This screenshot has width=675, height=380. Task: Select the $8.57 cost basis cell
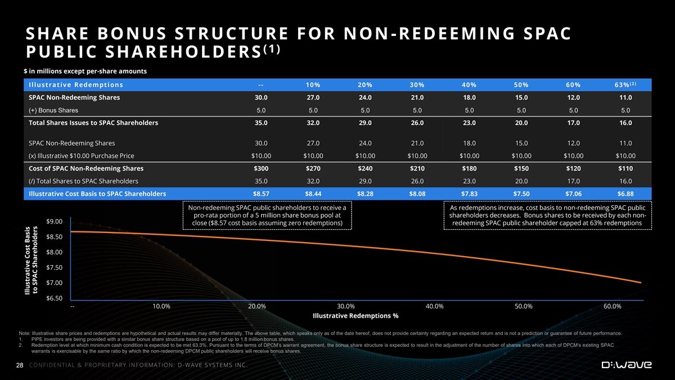260,194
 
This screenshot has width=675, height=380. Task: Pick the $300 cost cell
260,168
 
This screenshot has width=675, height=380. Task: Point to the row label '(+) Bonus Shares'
53,110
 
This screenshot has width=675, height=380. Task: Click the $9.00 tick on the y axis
55,221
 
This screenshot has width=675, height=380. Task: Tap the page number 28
20,366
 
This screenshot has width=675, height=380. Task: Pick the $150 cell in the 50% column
521,168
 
